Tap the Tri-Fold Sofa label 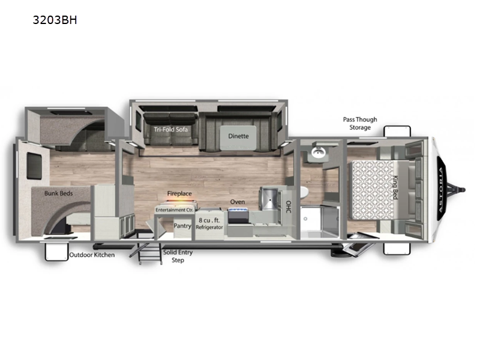(x=166, y=129)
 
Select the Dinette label (x=238, y=136)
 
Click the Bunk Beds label (x=58, y=193)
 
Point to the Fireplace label (x=179, y=194)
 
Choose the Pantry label (x=182, y=226)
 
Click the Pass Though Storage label (x=360, y=124)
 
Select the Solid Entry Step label (x=178, y=256)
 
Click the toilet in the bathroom (x=304, y=193)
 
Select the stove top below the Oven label (x=238, y=217)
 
